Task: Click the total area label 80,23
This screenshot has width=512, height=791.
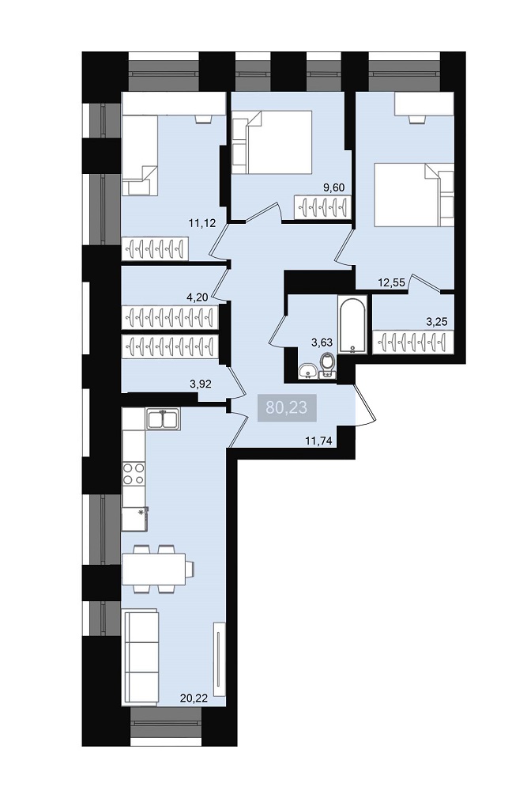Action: pos(286,407)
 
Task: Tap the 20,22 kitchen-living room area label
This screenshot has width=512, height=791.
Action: pos(194,698)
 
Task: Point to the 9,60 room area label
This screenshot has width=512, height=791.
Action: pos(333,187)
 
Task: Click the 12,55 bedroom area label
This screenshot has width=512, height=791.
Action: pos(392,282)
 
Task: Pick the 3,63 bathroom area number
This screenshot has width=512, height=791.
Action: pos(322,343)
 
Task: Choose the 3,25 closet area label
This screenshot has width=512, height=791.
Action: pos(436,322)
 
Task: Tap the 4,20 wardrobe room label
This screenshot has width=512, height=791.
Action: pos(197,297)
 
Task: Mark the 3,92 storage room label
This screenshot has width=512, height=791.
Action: pos(200,384)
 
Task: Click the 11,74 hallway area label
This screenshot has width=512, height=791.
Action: pos(318,441)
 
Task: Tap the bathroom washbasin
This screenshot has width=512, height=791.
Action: pos(307,371)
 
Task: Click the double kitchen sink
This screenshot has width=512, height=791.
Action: pos(164,420)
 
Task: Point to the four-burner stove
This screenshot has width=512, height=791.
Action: pos(134,473)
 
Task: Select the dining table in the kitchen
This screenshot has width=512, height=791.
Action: pos(154,569)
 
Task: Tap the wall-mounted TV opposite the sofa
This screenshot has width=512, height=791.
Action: pos(219,658)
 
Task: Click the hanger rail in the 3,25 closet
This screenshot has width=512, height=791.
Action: pos(412,341)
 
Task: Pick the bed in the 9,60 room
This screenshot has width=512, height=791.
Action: pos(272,142)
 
